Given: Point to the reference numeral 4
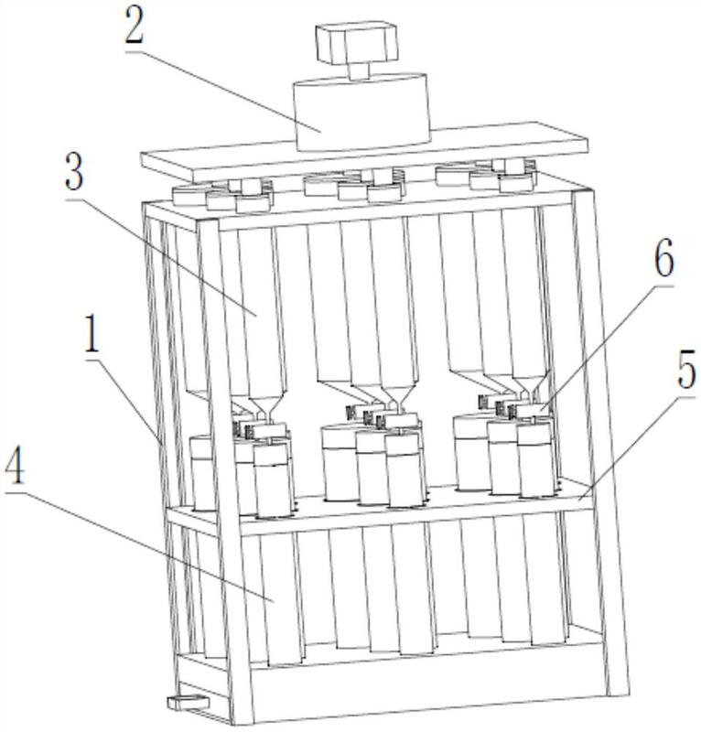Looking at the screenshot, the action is pos(14,465).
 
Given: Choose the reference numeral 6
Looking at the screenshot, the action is pos(663,258).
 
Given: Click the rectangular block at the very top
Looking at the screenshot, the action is pos(357,42).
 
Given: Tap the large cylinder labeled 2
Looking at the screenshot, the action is pos(361,112).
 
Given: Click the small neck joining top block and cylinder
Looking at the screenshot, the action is pos(359,71).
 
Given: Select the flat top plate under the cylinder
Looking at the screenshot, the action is pos(364,152).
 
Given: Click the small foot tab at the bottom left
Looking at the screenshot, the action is pos(188,701).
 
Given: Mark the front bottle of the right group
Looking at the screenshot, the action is pos(537,459).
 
